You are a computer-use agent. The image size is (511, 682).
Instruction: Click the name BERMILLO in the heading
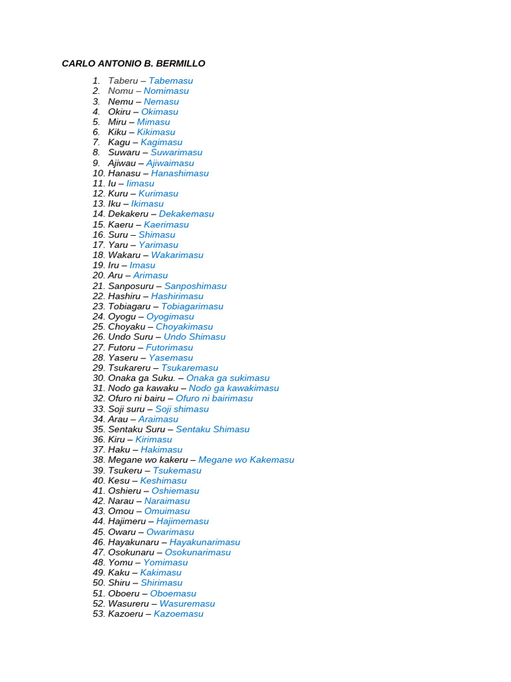pos(180,64)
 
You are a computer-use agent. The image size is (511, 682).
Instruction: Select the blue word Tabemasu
pos(170,81)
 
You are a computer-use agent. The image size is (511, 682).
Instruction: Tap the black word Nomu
pos(120,91)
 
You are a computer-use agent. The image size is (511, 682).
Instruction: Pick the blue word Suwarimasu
pos(176,153)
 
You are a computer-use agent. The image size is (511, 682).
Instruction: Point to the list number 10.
pos(98,173)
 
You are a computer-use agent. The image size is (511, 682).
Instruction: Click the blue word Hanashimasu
pos(180,173)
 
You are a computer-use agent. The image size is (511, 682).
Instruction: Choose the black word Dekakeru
pos(128,214)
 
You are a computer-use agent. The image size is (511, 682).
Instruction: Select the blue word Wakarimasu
pos(177,255)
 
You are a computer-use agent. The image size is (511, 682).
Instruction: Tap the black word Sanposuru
pos(130,286)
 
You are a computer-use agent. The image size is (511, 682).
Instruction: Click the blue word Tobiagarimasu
pos(192,306)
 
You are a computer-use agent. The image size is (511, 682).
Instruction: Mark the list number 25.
pos(98,327)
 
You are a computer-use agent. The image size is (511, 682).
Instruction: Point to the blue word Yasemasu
pos(170,358)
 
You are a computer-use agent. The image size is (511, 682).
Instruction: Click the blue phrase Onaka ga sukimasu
pos(228,378)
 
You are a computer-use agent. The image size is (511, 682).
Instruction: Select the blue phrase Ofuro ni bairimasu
pos(214,398)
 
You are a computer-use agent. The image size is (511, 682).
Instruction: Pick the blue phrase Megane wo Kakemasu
pos(246,460)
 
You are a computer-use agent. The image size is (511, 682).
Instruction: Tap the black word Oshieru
pos(124,491)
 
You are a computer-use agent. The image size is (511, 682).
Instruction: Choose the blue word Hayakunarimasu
pos(205,542)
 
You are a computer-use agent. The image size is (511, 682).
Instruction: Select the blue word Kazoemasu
pos(178,614)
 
